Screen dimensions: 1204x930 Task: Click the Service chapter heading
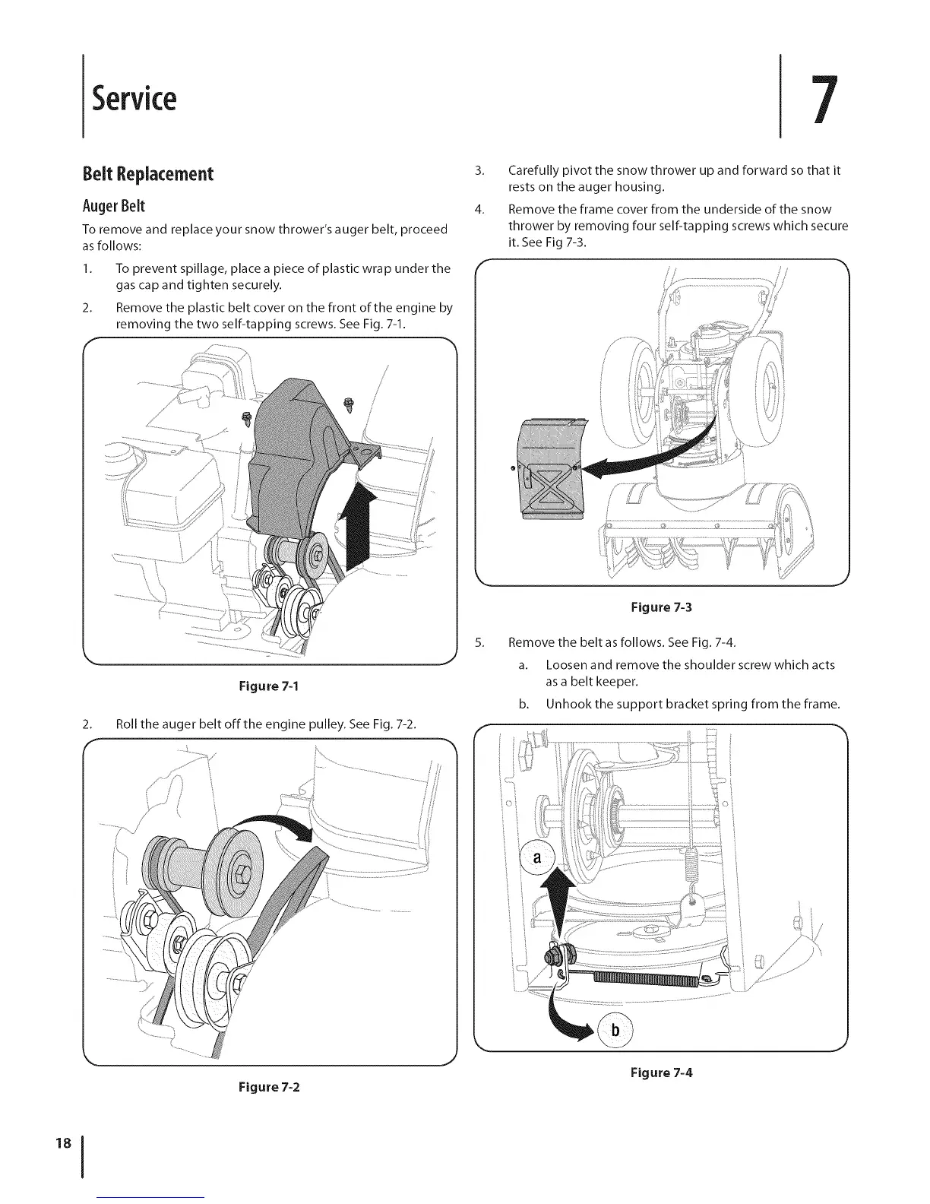click(x=134, y=99)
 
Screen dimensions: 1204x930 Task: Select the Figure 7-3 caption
click(x=662, y=607)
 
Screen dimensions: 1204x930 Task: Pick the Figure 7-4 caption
click(x=662, y=1073)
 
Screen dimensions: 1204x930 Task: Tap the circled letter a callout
click(x=537, y=859)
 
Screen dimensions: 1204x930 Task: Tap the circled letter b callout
click(x=616, y=1031)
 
